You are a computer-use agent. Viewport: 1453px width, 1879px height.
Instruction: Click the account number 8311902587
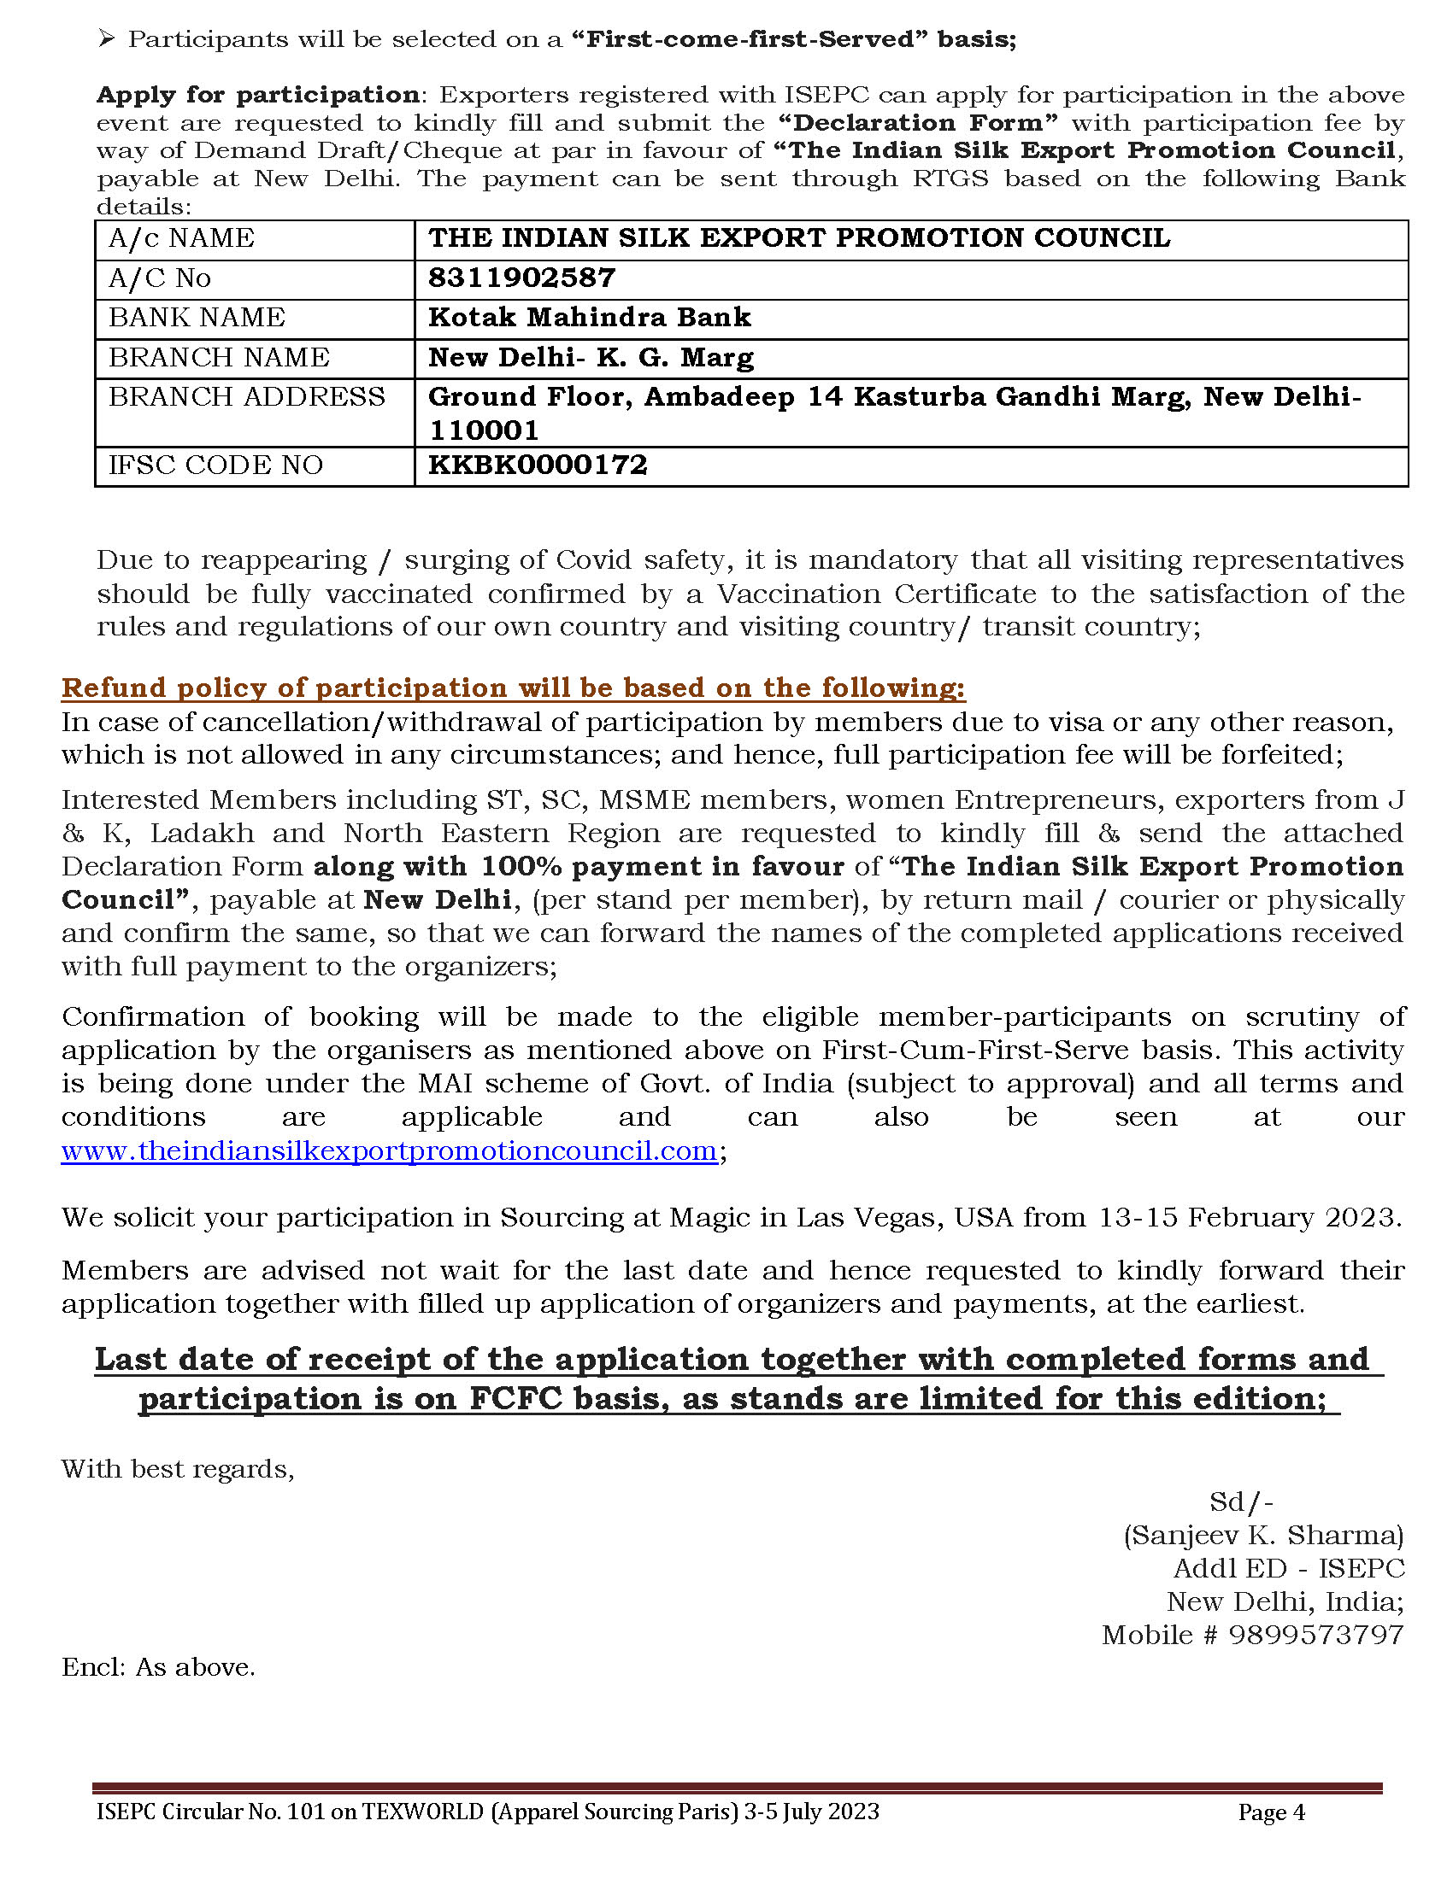[x=521, y=278]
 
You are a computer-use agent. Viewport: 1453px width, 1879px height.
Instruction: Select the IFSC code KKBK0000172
[x=537, y=465]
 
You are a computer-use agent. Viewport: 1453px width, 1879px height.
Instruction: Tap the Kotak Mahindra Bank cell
[x=590, y=318]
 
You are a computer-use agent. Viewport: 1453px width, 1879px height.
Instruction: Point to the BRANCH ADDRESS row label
[x=246, y=396]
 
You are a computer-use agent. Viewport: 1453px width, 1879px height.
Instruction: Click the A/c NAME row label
[x=180, y=238]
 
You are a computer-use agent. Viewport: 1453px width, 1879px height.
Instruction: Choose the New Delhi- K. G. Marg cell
[x=591, y=357]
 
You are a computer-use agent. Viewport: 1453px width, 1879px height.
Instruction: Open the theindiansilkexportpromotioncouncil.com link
[x=389, y=1151]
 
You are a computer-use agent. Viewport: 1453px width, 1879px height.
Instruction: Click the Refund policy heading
[x=513, y=688]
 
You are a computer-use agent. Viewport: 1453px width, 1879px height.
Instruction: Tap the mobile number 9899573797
[x=1315, y=1635]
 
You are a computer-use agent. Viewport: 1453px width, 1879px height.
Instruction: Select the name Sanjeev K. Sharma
[x=1263, y=1535]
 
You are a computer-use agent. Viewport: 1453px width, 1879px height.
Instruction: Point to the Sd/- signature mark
[x=1240, y=1501]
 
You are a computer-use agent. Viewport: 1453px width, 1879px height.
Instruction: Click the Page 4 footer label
[x=1270, y=1812]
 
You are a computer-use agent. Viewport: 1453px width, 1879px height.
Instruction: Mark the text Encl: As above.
[x=158, y=1667]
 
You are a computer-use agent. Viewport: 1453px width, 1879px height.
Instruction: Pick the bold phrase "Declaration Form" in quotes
[x=918, y=123]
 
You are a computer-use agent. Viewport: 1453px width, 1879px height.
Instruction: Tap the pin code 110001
[x=472, y=430]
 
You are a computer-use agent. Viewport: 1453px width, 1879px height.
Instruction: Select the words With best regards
[x=177, y=1469]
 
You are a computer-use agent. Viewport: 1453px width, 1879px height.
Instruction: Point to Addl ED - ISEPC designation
[x=1288, y=1568]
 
